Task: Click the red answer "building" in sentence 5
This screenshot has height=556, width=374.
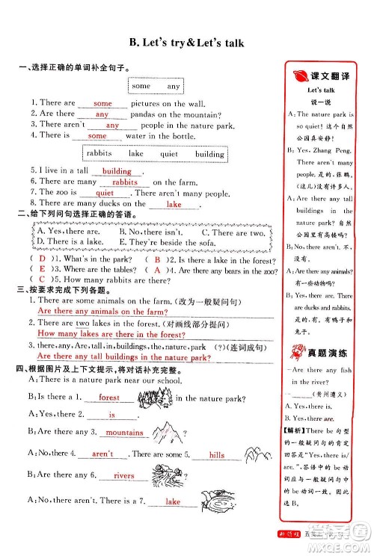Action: pyautogui.click(x=117, y=171)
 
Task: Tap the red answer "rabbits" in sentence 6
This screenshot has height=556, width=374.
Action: pyautogui.click(x=124, y=182)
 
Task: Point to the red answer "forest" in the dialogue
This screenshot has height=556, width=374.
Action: pyautogui.click(x=109, y=398)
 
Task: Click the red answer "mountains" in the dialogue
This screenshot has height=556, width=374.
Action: pyautogui.click(x=125, y=433)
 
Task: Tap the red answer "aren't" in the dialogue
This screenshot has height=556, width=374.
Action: pyautogui.click(x=102, y=454)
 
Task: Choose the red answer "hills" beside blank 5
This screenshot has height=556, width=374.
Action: pyautogui.click(x=217, y=454)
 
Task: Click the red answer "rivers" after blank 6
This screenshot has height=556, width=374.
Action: pyautogui.click(x=123, y=475)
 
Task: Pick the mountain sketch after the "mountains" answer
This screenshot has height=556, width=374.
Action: pyautogui.click(x=164, y=429)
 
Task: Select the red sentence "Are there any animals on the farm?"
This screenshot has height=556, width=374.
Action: pyautogui.click(x=101, y=311)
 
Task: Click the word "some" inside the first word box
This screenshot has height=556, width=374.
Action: pyautogui.click(x=141, y=86)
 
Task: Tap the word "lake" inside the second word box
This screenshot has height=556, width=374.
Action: pyautogui.click(x=136, y=153)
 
